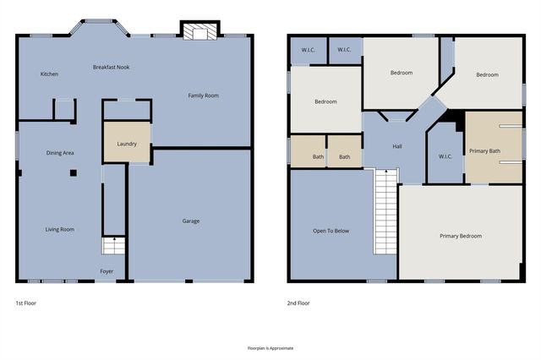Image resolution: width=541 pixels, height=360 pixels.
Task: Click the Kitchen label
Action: (x=49, y=74)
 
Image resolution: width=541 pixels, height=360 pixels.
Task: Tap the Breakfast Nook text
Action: (x=111, y=67)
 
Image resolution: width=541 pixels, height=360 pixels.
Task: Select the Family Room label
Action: (x=203, y=95)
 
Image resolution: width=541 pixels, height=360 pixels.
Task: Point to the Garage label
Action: (x=191, y=221)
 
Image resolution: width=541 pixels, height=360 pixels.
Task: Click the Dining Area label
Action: (x=60, y=153)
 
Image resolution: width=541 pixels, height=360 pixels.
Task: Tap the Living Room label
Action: (x=60, y=229)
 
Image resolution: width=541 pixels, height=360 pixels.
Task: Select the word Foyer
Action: (x=107, y=271)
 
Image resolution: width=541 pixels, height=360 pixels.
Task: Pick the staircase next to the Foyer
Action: (x=114, y=246)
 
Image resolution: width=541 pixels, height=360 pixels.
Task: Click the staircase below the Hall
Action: (x=386, y=210)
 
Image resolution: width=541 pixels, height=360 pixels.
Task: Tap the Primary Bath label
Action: (x=485, y=150)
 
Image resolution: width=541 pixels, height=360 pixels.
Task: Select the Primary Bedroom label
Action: (x=461, y=236)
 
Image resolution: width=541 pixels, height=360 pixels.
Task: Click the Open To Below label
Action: (x=331, y=231)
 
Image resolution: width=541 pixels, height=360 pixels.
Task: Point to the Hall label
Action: (x=397, y=146)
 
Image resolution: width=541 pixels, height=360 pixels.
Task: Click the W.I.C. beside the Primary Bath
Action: (x=445, y=156)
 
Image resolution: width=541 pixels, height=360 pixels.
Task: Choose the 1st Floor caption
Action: (x=25, y=303)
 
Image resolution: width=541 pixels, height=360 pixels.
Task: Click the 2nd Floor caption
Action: (x=298, y=303)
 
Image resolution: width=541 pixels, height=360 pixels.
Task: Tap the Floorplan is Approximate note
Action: (x=270, y=348)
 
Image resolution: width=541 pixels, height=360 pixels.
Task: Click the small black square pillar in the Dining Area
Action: (x=74, y=172)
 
